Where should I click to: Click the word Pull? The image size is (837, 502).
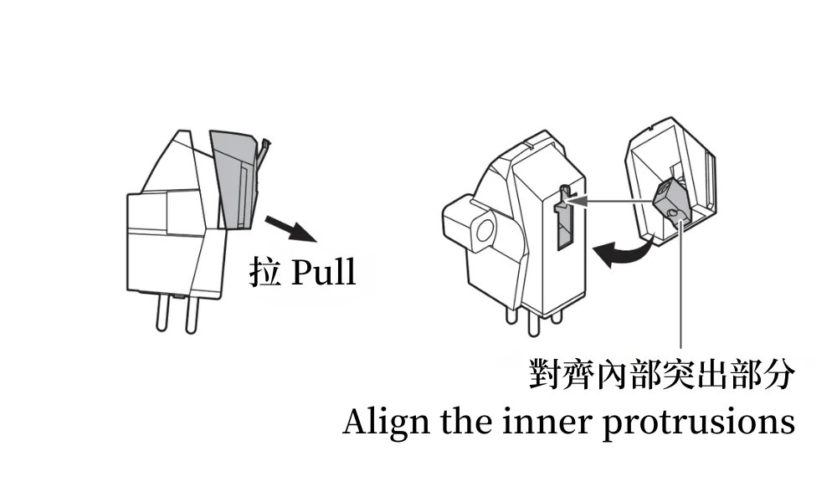coord(324,272)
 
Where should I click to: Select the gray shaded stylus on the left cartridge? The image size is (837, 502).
coord(233,180)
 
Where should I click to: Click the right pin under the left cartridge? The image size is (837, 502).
coord(191,314)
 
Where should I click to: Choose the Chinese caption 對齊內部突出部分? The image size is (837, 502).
coord(662,375)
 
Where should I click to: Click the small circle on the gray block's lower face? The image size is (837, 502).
coord(673,214)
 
